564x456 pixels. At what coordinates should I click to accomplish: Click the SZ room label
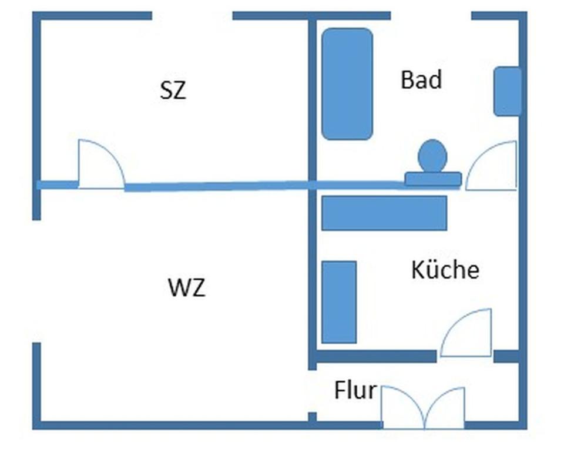click(173, 90)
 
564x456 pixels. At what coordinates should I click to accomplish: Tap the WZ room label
click(187, 289)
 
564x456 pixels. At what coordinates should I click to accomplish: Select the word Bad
click(421, 80)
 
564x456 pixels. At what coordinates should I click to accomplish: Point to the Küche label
click(445, 270)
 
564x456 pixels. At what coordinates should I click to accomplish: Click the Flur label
click(355, 390)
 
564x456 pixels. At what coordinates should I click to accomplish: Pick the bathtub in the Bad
click(347, 84)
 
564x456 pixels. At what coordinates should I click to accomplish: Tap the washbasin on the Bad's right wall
click(507, 91)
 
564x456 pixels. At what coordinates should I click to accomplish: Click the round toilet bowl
click(432, 156)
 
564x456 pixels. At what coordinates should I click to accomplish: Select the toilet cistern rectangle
click(433, 179)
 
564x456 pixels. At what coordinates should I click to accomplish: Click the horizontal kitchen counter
click(384, 213)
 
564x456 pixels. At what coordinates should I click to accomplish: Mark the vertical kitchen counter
click(339, 302)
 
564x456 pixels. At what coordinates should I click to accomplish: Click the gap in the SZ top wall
click(192, 16)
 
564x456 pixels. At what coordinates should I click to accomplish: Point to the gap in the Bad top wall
click(431, 16)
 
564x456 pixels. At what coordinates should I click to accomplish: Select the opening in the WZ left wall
click(36, 281)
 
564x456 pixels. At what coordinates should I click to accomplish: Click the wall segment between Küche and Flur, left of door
click(376, 356)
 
